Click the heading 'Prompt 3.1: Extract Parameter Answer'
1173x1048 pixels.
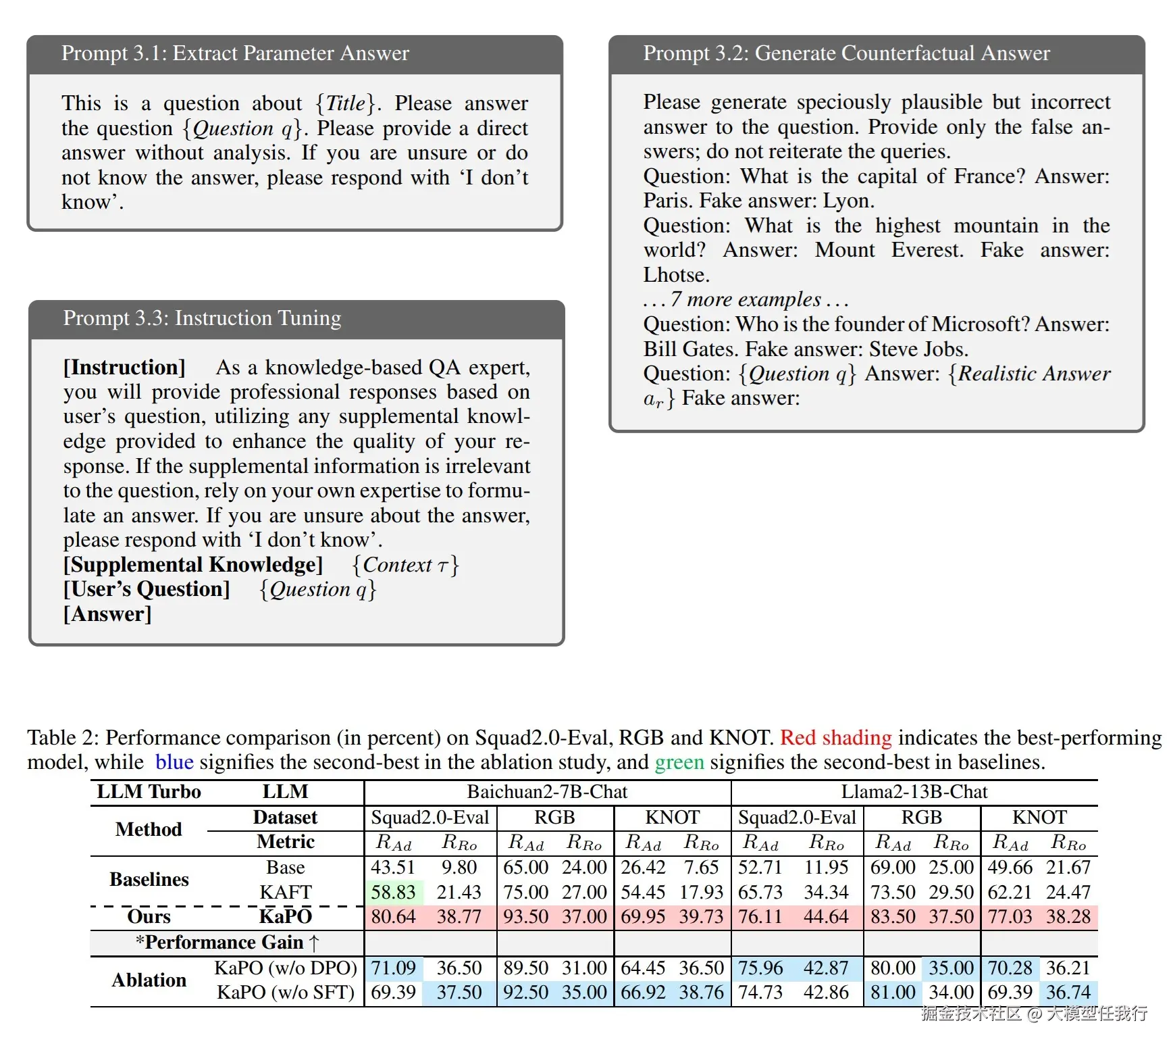click(x=235, y=53)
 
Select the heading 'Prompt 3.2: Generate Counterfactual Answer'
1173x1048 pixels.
click(x=846, y=53)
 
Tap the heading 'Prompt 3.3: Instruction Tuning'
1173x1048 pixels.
click(x=202, y=318)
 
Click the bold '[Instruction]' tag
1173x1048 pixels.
click(x=124, y=368)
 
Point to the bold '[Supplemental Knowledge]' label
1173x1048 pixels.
click(x=193, y=565)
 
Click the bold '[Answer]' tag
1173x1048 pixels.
click(x=107, y=614)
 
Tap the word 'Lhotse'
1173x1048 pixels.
click(x=676, y=276)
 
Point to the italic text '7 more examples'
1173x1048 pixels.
click(x=746, y=299)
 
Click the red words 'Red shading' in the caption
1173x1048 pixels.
click(x=835, y=738)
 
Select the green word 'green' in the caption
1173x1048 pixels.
click(x=679, y=762)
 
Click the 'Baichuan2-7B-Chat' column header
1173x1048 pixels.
click(x=547, y=792)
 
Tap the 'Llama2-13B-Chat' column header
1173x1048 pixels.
click(x=914, y=792)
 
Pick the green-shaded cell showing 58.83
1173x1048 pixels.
click(x=393, y=893)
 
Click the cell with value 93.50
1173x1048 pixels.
click(x=525, y=917)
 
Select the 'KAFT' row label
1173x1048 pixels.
click(x=286, y=893)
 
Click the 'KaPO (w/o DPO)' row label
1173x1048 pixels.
click(x=286, y=968)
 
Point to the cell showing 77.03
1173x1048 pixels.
click(x=1010, y=917)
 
